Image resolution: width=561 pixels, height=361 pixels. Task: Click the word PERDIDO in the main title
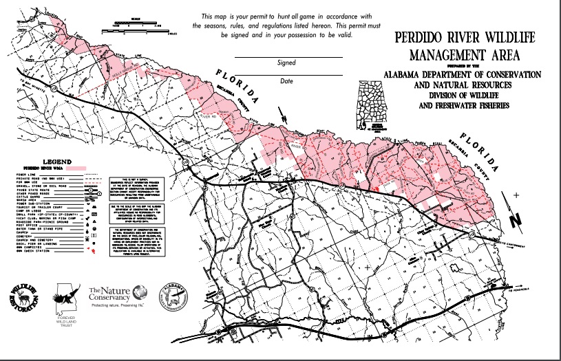click(422, 39)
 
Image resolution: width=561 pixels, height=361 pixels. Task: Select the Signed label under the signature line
click(286, 62)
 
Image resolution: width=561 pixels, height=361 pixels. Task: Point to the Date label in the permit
click(286, 80)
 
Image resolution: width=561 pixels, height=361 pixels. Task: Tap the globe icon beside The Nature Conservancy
click(140, 292)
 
